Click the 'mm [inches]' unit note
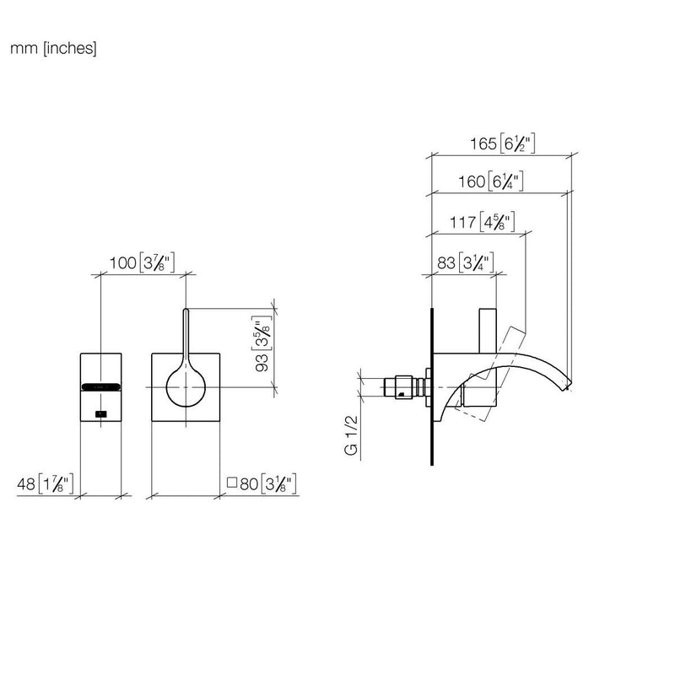(x=53, y=48)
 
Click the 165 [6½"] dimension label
(x=502, y=143)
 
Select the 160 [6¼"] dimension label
(x=490, y=181)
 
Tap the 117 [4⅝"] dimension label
(x=482, y=222)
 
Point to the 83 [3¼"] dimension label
(x=466, y=262)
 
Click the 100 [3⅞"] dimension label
(x=142, y=262)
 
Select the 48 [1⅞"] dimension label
(x=46, y=483)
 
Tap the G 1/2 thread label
(x=351, y=435)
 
